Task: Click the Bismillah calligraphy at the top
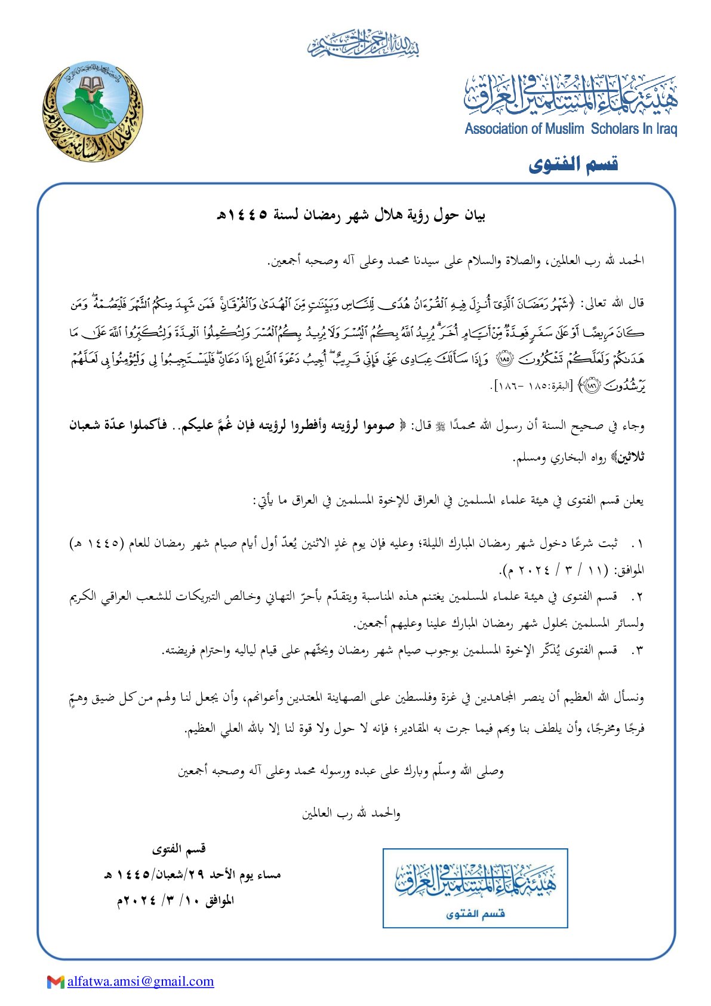(364, 44)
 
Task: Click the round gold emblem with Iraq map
(93, 114)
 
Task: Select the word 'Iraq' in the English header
(666, 128)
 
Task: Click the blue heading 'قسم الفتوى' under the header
(573, 164)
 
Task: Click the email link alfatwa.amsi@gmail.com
(140, 981)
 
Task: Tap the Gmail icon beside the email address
(56, 981)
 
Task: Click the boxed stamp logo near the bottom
(475, 888)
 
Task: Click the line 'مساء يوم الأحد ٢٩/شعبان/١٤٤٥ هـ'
(192, 875)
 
